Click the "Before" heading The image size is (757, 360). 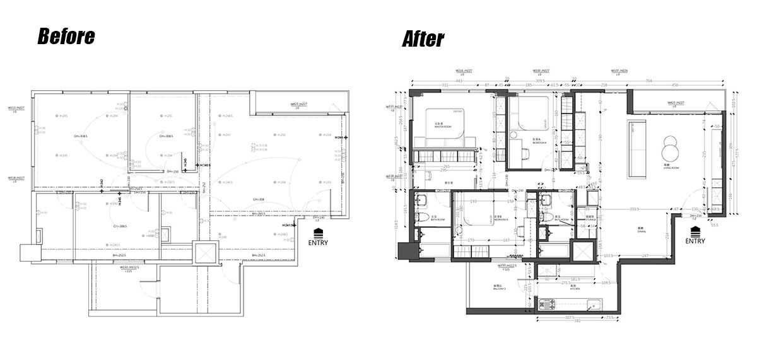(x=66, y=37)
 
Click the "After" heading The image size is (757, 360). (x=423, y=39)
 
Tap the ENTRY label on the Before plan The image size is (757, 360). (x=318, y=241)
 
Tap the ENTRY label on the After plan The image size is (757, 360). (x=695, y=240)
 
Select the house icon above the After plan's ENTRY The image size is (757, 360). (x=695, y=231)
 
